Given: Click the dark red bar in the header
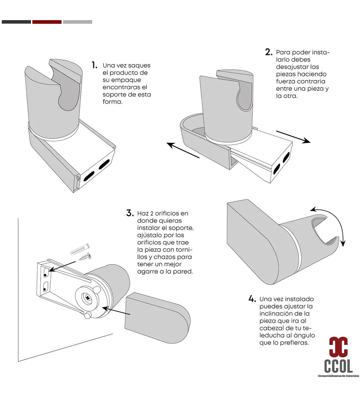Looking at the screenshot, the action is click(47, 22).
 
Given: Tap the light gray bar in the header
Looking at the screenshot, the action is click(77, 22).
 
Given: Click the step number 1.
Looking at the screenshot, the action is click(94, 65).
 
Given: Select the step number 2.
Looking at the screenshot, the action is click(269, 52).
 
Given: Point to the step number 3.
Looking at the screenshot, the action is click(130, 213).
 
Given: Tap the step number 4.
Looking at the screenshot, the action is click(252, 299).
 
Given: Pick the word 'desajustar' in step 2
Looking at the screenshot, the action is click(288, 67).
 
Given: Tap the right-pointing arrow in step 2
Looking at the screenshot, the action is click(293, 137).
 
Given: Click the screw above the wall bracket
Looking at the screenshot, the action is click(85, 257).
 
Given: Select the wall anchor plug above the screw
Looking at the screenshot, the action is click(80, 249).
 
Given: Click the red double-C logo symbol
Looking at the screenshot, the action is click(338, 347).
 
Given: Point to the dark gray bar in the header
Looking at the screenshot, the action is click(17, 22).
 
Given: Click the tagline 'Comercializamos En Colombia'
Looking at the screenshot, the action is click(338, 376).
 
